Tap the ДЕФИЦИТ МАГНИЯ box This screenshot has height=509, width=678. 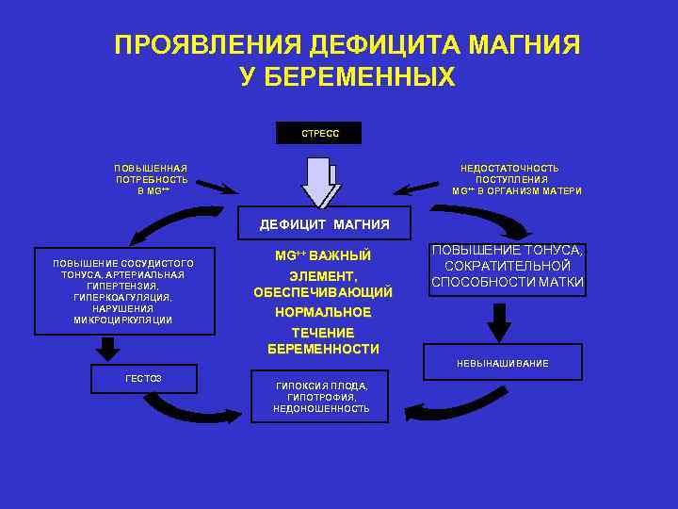pos(324,224)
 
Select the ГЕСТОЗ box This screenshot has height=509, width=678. pos(143,378)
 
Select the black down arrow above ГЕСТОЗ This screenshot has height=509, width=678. pos(109,349)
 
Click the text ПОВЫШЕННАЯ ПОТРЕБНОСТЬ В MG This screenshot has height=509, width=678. pos(151,179)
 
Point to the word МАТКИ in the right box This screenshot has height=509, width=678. pos(560,282)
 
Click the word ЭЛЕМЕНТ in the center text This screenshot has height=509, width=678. pos(322,276)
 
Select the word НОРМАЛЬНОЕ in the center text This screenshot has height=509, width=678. pos(323,312)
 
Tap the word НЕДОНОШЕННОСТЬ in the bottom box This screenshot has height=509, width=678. pos(321,409)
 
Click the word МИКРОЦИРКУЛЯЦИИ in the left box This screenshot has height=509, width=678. pos(122,320)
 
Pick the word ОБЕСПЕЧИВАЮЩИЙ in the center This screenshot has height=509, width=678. pos(323,292)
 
